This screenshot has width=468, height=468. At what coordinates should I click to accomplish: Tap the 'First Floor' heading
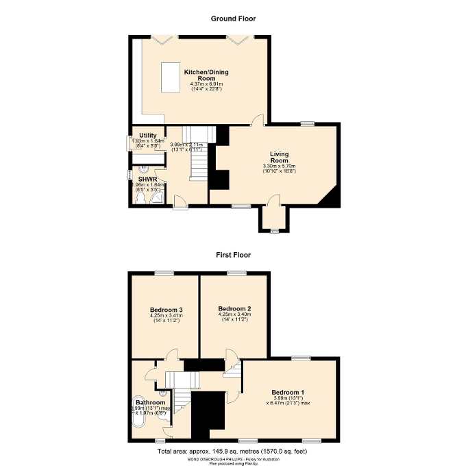click(x=234, y=255)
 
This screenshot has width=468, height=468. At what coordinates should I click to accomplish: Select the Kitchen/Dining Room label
click(x=206, y=75)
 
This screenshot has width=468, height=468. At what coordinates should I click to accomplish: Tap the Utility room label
click(x=148, y=136)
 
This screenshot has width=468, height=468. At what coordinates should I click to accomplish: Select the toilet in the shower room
click(x=141, y=199)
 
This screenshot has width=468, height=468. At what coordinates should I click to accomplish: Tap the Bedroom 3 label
click(x=166, y=310)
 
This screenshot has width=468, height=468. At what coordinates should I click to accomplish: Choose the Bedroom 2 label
click(x=234, y=309)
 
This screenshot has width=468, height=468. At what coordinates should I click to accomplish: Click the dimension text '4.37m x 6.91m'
click(x=206, y=84)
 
